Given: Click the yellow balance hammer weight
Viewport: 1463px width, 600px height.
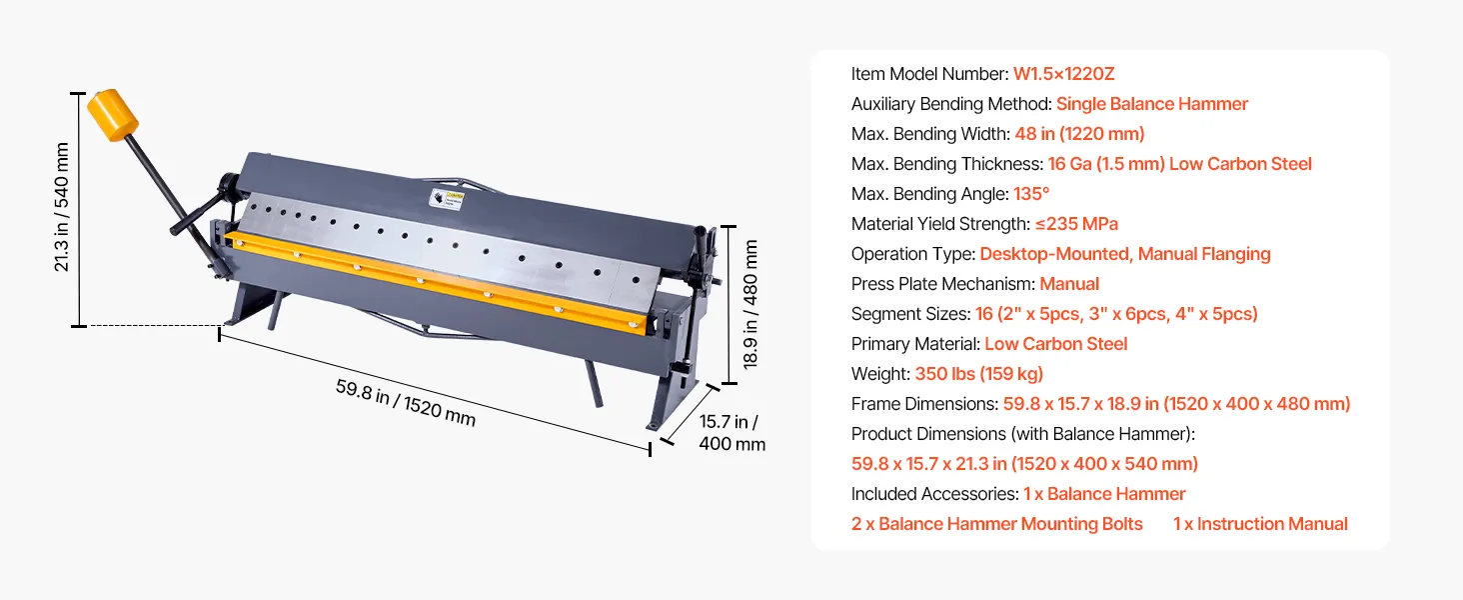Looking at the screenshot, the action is (112, 115).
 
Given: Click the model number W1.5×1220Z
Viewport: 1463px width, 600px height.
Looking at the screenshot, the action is (1064, 74).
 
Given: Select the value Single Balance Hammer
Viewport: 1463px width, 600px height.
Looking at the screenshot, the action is (1152, 104).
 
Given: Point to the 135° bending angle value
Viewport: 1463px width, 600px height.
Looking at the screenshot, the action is (1031, 194).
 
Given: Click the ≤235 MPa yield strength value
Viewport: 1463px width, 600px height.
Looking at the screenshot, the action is (1076, 224).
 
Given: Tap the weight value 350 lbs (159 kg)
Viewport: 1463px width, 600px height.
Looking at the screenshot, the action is (979, 374).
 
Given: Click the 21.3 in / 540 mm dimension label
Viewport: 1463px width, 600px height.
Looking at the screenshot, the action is (61, 207).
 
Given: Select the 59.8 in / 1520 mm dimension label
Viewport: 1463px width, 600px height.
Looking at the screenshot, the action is (406, 403).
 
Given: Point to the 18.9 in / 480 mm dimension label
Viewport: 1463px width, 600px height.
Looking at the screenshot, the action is (750, 304).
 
